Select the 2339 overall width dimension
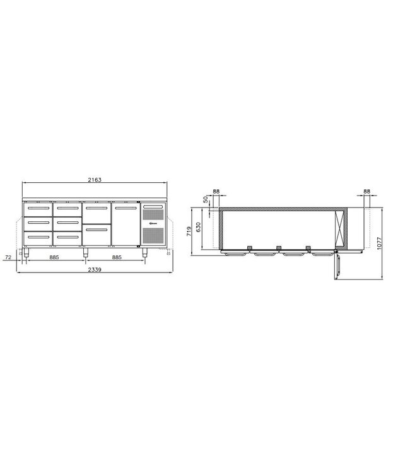95,269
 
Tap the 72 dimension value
8,258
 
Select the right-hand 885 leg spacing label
115,258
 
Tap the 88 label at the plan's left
216,191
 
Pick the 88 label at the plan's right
367,191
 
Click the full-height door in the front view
125,224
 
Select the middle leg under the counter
85,252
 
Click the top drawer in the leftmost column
37,209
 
